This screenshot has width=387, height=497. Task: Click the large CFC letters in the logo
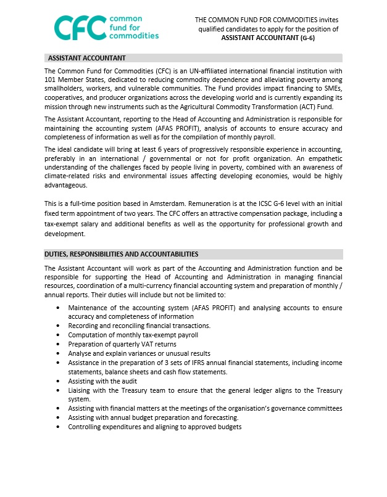tap(79, 27)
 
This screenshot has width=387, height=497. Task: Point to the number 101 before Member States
tap(51, 80)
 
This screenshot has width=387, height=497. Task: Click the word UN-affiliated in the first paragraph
tap(199, 72)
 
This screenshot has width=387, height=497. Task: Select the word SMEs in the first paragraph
tap(333, 88)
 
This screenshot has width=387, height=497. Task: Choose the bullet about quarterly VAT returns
tap(122, 344)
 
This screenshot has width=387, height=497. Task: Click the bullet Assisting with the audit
tap(102, 381)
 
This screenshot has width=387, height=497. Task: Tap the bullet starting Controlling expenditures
tap(154, 427)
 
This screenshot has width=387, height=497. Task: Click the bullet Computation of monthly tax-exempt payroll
tap(133, 335)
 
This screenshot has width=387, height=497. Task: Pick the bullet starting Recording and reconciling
tap(139, 326)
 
